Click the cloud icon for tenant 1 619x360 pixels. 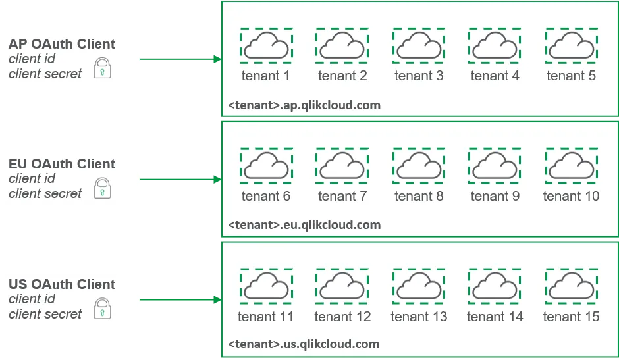(x=265, y=46)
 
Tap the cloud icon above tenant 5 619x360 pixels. (x=571, y=46)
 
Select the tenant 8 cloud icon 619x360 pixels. (x=418, y=166)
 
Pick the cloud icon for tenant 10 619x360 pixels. (x=571, y=166)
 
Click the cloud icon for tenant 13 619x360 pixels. (x=418, y=286)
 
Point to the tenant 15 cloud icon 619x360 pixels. (x=571, y=286)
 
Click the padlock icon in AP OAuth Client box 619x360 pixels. (x=102, y=68)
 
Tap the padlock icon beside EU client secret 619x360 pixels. (x=102, y=188)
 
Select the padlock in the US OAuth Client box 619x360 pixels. (x=102, y=309)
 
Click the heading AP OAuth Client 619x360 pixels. (x=62, y=44)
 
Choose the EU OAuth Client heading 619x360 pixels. (x=62, y=164)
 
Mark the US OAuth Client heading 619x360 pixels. (x=62, y=284)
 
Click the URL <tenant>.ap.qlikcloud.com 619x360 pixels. (x=304, y=105)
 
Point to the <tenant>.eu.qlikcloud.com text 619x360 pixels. (x=304, y=225)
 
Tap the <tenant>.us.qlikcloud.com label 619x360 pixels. (x=304, y=344)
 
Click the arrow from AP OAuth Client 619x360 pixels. (x=180, y=59)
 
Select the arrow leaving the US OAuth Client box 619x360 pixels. (x=180, y=300)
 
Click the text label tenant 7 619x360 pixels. (x=342, y=196)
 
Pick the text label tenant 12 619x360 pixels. (x=342, y=317)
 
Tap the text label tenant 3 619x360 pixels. (x=418, y=76)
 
